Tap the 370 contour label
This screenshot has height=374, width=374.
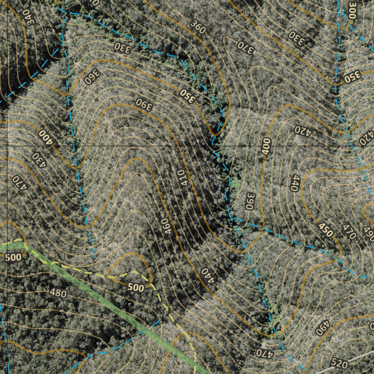tap(245, 47)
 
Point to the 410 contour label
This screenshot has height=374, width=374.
tap(182, 178)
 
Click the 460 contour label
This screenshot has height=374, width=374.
tap(165, 226)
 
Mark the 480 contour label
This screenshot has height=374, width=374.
tap(58, 293)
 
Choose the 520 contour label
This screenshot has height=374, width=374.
tap(339, 362)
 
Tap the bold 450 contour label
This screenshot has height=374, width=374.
tap(326, 229)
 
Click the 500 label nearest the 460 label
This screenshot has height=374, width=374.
tap(136, 287)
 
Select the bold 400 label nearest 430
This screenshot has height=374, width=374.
tap(46, 137)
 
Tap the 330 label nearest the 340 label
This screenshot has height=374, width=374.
tap(122, 48)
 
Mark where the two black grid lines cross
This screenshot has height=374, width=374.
tap(8, 146)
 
